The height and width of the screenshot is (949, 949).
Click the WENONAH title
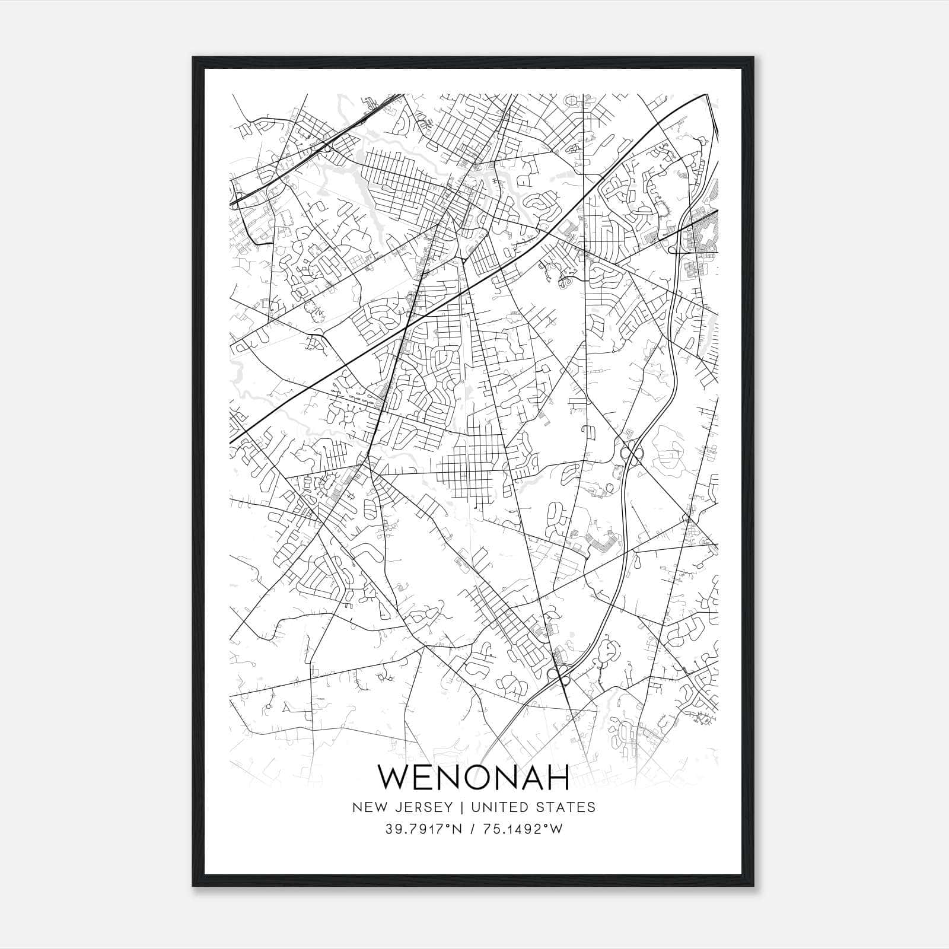coord(474,777)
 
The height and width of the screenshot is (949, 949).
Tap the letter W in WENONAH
coord(394,777)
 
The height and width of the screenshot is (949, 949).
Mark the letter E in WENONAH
coord(423,777)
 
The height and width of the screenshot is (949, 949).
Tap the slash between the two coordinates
coord(472,829)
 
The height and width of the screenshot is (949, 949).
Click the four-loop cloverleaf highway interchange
coord(630,452)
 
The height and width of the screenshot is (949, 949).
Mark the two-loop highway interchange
coord(559,672)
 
